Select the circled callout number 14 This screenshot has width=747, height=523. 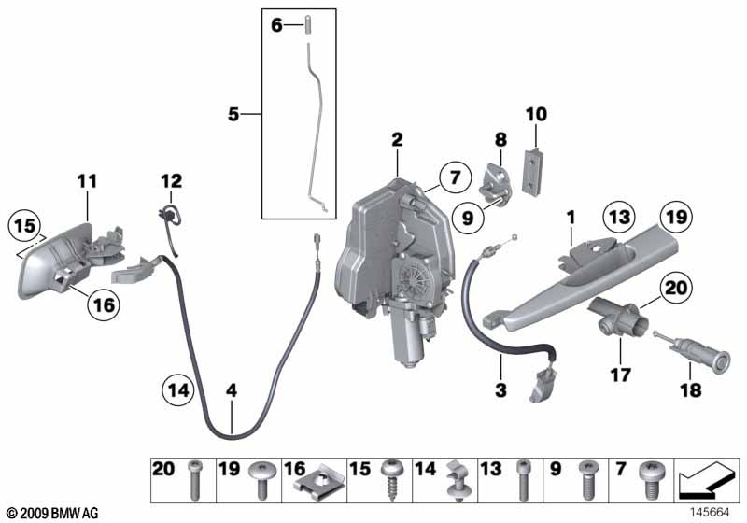pyautogui.click(x=179, y=388)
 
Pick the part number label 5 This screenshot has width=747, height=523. pyautogui.click(x=233, y=115)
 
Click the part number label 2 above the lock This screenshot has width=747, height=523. pyautogui.click(x=397, y=139)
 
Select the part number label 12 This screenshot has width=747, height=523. pyautogui.click(x=171, y=180)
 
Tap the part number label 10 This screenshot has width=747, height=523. pyautogui.click(x=536, y=115)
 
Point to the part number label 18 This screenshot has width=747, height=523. pyautogui.click(x=689, y=392)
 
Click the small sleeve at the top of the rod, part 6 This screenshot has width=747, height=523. pyautogui.click(x=305, y=26)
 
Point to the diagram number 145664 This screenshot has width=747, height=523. pyautogui.click(x=711, y=513)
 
